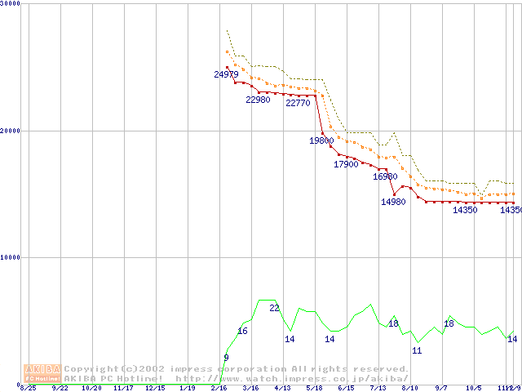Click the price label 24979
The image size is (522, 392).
(226, 74)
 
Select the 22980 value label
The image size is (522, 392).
(258, 100)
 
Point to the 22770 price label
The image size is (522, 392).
(298, 103)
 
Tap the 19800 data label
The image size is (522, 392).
(321, 140)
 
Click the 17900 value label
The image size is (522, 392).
(346, 164)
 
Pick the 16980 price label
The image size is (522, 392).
(385, 176)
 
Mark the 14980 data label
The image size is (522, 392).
(393, 202)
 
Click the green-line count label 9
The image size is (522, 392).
(226, 358)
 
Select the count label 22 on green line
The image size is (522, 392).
(274, 308)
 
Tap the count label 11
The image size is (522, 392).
(417, 350)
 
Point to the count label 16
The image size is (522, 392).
(242, 331)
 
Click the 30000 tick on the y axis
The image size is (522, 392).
(11, 3)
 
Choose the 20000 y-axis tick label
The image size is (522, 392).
(11, 130)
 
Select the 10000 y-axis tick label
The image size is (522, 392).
(11, 257)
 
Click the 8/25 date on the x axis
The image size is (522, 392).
(28, 388)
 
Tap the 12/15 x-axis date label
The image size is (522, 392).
(154, 388)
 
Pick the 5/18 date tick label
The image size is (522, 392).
(314, 388)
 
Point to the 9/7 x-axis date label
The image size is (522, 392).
(441, 388)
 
